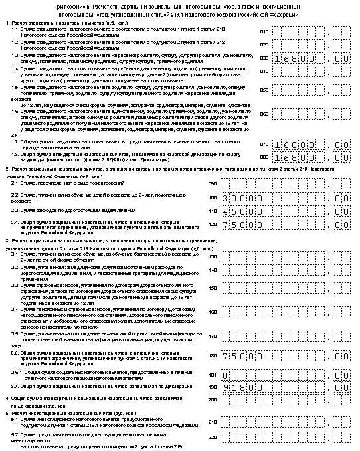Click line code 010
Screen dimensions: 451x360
[264, 31]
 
